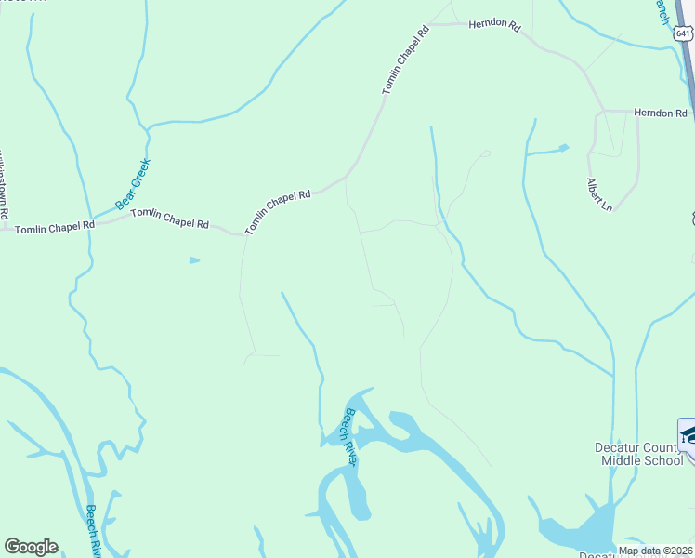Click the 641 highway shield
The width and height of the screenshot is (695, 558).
pos(683,33)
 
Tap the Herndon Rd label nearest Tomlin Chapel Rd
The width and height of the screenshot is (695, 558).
pos(493,25)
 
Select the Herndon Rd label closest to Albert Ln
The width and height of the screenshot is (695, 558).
pos(660,113)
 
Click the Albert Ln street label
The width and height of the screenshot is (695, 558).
pos(599,193)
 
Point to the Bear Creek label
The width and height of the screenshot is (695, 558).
pos(132,183)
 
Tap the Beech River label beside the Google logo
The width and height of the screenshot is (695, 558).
pos(94,531)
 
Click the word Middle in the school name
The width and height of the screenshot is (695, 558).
pos(622,460)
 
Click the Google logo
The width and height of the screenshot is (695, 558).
pos(31,547)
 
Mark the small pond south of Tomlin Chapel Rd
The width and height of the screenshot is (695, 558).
pos(194,260)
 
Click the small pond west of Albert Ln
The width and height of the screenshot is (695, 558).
pos(562,148)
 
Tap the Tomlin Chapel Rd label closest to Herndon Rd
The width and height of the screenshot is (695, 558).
pos(406,60)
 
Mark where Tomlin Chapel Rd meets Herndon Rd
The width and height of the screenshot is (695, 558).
pos(430,24)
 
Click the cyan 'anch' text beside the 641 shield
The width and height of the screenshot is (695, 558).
pos(662,11)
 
